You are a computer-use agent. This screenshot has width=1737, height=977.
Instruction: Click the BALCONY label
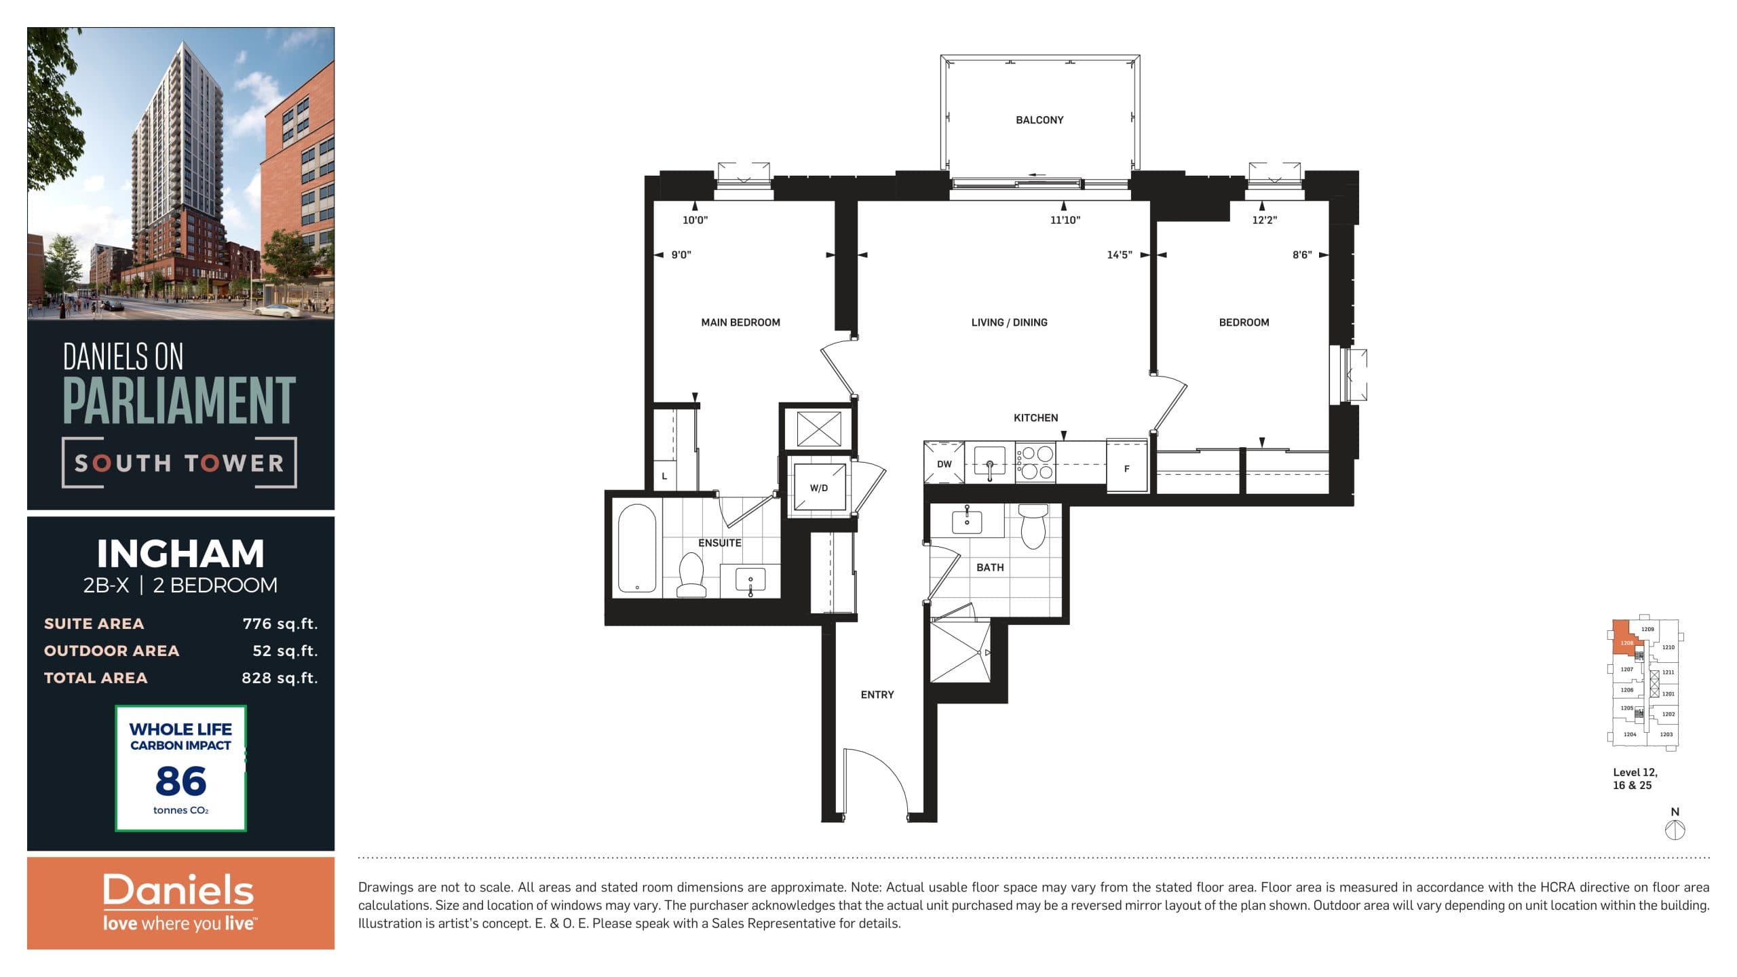point(1039,120)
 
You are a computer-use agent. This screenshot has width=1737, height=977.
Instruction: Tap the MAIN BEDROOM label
point(740,322)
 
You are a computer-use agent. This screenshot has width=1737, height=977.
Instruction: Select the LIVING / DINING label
point(1009,322)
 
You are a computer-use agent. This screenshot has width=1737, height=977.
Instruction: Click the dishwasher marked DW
point(944,464)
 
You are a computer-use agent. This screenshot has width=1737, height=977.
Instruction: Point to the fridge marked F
point(1126,468)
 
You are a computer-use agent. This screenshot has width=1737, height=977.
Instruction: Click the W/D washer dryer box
point(819,487)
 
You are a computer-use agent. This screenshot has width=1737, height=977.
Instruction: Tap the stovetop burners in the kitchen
point(1035,462)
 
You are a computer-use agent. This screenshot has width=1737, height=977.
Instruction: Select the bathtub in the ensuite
point(636,548)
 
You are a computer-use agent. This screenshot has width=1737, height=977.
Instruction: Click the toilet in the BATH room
point(1033,526)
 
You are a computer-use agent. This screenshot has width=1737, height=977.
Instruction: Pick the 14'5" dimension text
point(1119,255)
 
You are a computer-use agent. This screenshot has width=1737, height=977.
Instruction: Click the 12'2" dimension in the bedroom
point(1264,220)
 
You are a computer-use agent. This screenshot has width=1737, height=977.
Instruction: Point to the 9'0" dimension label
point(681,255)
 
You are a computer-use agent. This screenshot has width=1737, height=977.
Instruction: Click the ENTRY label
point(877,695)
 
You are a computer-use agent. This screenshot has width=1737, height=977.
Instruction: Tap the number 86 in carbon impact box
point(180,781)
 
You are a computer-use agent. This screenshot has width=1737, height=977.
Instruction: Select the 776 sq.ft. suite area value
point(280,624)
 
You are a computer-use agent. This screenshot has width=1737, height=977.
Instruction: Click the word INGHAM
point(180,554)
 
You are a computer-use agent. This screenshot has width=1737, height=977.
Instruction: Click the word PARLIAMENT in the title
point(179,400)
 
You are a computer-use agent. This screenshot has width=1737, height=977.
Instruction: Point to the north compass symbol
point(1675,830)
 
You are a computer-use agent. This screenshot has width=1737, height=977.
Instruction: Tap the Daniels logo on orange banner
point(178,891)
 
